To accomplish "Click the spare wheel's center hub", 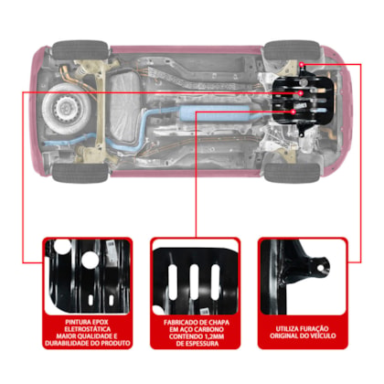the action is (x=66, y=107).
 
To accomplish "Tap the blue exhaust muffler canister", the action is (x=216, y=112).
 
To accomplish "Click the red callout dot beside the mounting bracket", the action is (x=302, y=65).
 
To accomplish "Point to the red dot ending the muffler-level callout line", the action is (x=293, y=112).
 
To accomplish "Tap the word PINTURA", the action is (x=76, y=322).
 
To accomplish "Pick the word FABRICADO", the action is (x=179, y=323).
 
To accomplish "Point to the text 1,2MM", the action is (x=213, y=336).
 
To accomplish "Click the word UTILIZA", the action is (x=287, y=329).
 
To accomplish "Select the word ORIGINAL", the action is (x=282, y=336).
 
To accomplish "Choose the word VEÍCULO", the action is (x=322, y=336).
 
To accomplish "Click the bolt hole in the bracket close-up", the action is (x=320, y=268).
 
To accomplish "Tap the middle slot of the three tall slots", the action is (x=195, y=281).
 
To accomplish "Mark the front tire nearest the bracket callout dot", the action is (x=292, y=49).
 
